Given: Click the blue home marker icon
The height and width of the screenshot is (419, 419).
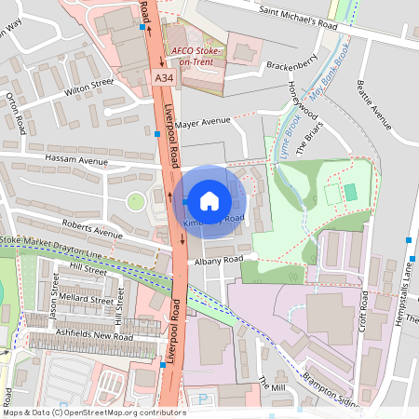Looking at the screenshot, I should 209,200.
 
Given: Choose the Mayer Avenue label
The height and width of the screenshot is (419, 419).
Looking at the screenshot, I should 202,121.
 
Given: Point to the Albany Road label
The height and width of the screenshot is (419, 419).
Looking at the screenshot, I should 220,259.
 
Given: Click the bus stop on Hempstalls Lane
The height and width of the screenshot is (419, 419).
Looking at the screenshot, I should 409,240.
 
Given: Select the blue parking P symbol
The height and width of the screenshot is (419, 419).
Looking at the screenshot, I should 204,399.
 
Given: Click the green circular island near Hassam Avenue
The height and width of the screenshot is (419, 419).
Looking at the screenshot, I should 136,200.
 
